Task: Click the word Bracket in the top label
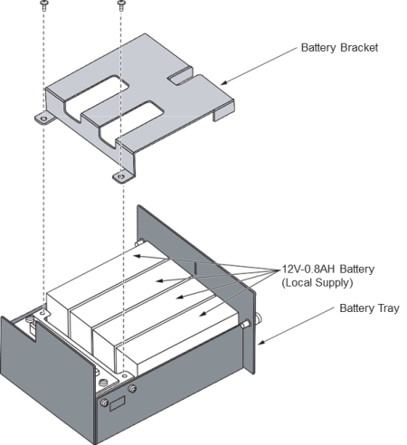(x=359, y=48)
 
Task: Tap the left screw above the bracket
(x=43, y=5)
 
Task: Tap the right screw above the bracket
(x=121, y=5)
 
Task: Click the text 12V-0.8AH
(x=308, y=269)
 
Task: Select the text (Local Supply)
(x=317, y=283)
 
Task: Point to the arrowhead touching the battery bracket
(x=224, y=82)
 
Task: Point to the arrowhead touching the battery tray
(x=262, y=342)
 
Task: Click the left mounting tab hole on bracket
(x=44, y=118)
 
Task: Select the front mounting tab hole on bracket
(x=120, y=176)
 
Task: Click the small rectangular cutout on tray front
(x=118, y=404)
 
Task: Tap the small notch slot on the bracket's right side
(x=180, y=76)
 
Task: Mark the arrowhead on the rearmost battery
(x=137, y=256)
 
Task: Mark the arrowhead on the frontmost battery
(x=203, y=314)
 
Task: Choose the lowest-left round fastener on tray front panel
(x=104, y=402)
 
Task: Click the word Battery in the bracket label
(x=318, y=48)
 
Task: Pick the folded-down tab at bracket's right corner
(x=223, y=110)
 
